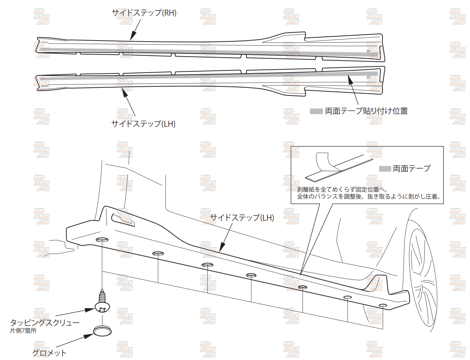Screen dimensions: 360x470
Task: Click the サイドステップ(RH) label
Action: tap(144, 13)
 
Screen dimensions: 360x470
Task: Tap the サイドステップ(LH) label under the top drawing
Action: tap(143, 124)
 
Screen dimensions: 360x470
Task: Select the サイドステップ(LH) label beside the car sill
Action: tap(242, 218)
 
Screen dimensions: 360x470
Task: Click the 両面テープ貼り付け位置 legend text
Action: tap(366, 111)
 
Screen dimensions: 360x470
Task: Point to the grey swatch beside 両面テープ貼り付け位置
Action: tap(316, 111)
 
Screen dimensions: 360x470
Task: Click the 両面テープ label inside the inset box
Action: tap(411, 169)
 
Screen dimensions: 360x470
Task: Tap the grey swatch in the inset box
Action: tap(385, 169)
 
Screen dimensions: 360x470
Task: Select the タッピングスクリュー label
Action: tap(45, 322)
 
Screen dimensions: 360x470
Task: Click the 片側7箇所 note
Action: tap(23, 331)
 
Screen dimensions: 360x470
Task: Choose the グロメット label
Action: tap(49, 353)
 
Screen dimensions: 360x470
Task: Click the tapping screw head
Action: tap(102, 307)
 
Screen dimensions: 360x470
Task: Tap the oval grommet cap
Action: tap(102, 331)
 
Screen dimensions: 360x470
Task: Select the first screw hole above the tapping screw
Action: tap(102, 240)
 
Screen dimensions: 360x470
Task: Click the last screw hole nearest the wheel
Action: tap(383, 305)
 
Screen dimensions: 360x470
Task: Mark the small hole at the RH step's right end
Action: tap(368, 51)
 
